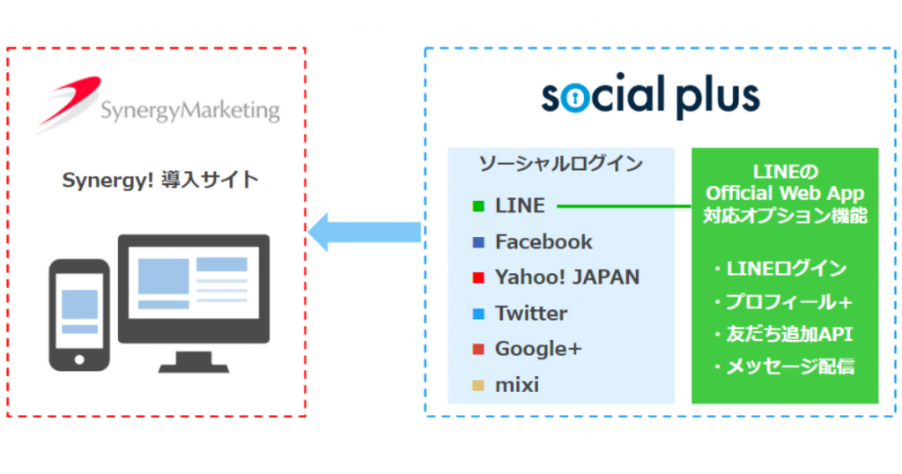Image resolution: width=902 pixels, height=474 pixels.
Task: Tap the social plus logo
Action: coord(651,96)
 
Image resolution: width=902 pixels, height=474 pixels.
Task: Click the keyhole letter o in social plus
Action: coord(573,99)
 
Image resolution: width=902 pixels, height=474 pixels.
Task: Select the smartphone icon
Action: coord(79,315)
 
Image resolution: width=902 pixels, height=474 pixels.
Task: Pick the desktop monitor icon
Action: coord(194,303)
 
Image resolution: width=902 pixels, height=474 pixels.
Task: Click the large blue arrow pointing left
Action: coord(365,232)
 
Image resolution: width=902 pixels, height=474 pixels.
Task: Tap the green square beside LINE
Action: coord(478,206)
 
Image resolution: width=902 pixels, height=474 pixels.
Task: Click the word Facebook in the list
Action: coord(543,241)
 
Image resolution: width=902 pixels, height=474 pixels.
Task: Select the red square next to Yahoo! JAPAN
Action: coord(478,278)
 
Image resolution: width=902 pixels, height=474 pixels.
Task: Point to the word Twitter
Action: coord(531,313)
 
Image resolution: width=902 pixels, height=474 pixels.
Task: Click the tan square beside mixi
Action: coord(478,385)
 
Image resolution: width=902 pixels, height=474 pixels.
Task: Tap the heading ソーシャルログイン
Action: coord(560,164)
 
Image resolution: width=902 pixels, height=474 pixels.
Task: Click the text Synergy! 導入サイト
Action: coord(160,180)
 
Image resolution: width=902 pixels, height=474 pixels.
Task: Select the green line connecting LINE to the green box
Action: coord(625,206)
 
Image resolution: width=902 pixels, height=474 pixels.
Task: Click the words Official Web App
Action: coord(785,193)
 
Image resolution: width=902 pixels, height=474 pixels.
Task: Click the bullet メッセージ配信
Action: coord(783,367)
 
